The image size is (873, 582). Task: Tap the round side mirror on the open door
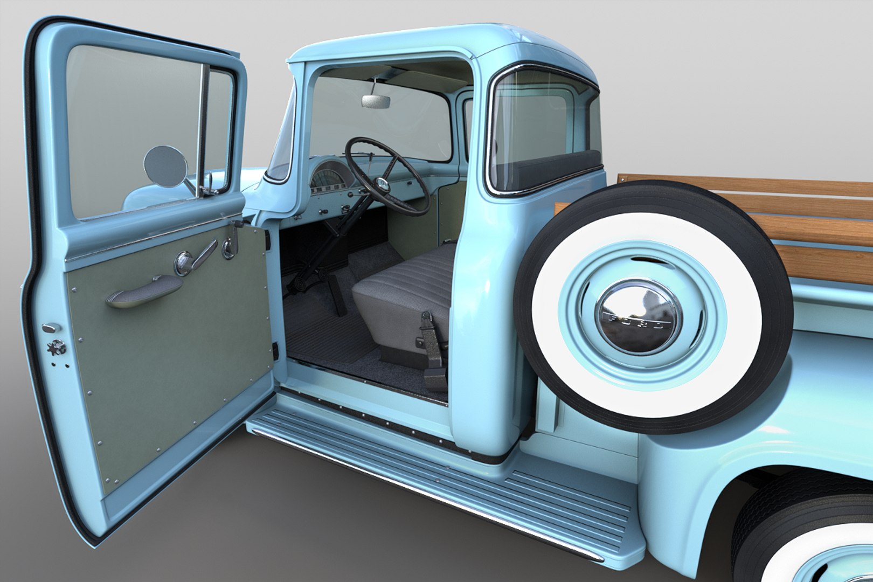pyautogui.click(x=165, y=166)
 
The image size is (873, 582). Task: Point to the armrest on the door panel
pyautogui.click(x=144, y=291)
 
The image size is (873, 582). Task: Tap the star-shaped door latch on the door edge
pyautogui.click(x=56, y=347)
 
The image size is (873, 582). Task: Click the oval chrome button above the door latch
pyautogui.click(x=50, y=328)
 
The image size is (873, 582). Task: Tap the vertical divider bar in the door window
pyautogui.click(x=204, y=129)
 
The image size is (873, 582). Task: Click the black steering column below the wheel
pyautogui.click(x=345, y=226)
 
